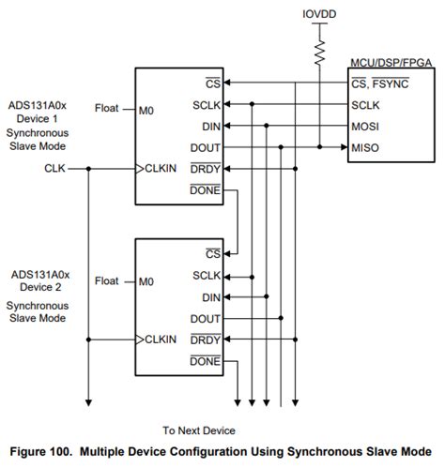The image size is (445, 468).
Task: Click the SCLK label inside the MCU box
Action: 368,103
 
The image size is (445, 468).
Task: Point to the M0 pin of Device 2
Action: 146,279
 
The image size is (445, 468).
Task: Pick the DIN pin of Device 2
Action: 210,297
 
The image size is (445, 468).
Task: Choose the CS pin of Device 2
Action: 212,253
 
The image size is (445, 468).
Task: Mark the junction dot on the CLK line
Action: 88,169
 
